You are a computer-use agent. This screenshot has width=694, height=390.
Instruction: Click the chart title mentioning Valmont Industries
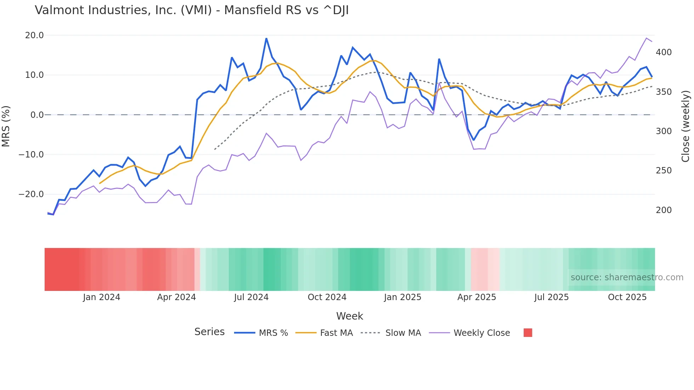click(x=192, y=10)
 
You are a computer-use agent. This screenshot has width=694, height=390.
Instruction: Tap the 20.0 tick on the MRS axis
click(x=34, y=35)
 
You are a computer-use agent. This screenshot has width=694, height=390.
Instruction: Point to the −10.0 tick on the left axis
click(x=31, y=155)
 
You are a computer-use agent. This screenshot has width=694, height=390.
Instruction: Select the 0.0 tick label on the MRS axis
click(x=37, y=115)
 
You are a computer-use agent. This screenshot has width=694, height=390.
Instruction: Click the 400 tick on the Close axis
click(x=664, y=52)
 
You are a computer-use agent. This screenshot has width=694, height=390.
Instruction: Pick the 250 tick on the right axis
click(x=664, y=171)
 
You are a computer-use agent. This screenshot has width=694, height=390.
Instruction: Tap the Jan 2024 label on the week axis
click(x=102, y=297)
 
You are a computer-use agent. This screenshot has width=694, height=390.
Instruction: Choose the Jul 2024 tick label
click(x=251, y=297)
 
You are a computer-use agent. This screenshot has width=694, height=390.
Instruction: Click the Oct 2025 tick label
click(x=627, y=297)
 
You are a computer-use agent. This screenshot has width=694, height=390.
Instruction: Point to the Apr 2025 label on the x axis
click(x=477, y=297)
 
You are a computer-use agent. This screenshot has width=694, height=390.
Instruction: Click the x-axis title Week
click(x=349, y=316)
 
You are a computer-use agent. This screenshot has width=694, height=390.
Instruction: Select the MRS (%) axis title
click(x=6, y=126)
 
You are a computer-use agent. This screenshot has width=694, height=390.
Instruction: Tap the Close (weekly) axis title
click(x=686, y=126)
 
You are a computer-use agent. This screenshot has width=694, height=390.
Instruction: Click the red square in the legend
click(x=528, y=333)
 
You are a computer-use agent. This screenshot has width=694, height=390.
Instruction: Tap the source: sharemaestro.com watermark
click(x=627, y=277)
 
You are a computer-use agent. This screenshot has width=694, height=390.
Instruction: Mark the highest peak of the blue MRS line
click(x=266, y=39)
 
